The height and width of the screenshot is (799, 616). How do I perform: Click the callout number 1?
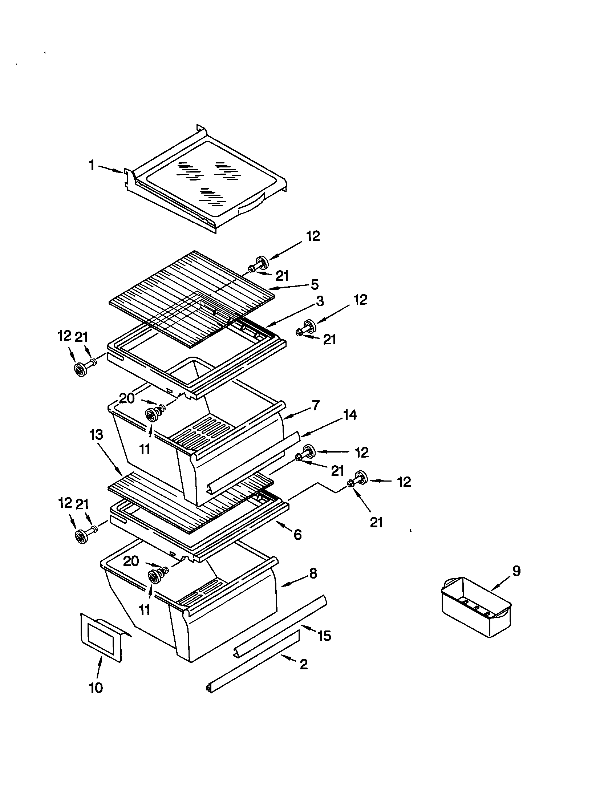pos(92,165)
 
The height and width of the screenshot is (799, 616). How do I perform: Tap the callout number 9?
pos(516,571)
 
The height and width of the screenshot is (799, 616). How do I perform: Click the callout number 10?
pos(96,688)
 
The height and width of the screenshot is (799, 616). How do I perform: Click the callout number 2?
pos(304,664)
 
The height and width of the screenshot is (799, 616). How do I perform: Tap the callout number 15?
pos(324,636)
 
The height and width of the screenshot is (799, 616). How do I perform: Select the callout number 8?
pos(313,573)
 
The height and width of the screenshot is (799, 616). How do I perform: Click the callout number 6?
pos(298,535)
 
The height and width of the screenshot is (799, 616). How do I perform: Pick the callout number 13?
pos(97,435)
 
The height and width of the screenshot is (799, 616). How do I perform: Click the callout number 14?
pos(350,415)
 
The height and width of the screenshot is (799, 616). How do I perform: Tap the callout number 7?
pos(316,405)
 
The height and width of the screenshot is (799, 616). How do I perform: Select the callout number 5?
pos(315,284)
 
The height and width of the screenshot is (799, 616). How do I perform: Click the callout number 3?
pos(320,301)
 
